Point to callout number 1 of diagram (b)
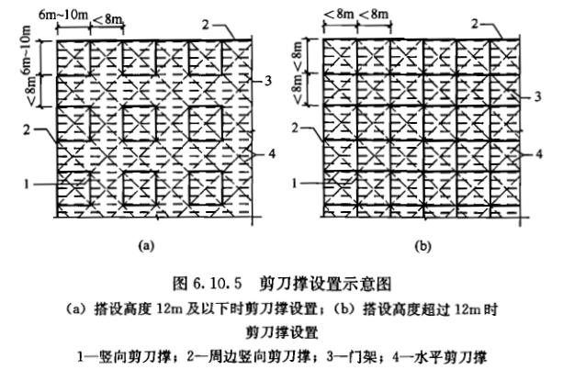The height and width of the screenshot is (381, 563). tap(296, 184)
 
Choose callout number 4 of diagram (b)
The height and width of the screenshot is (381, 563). tap(547, 152)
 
